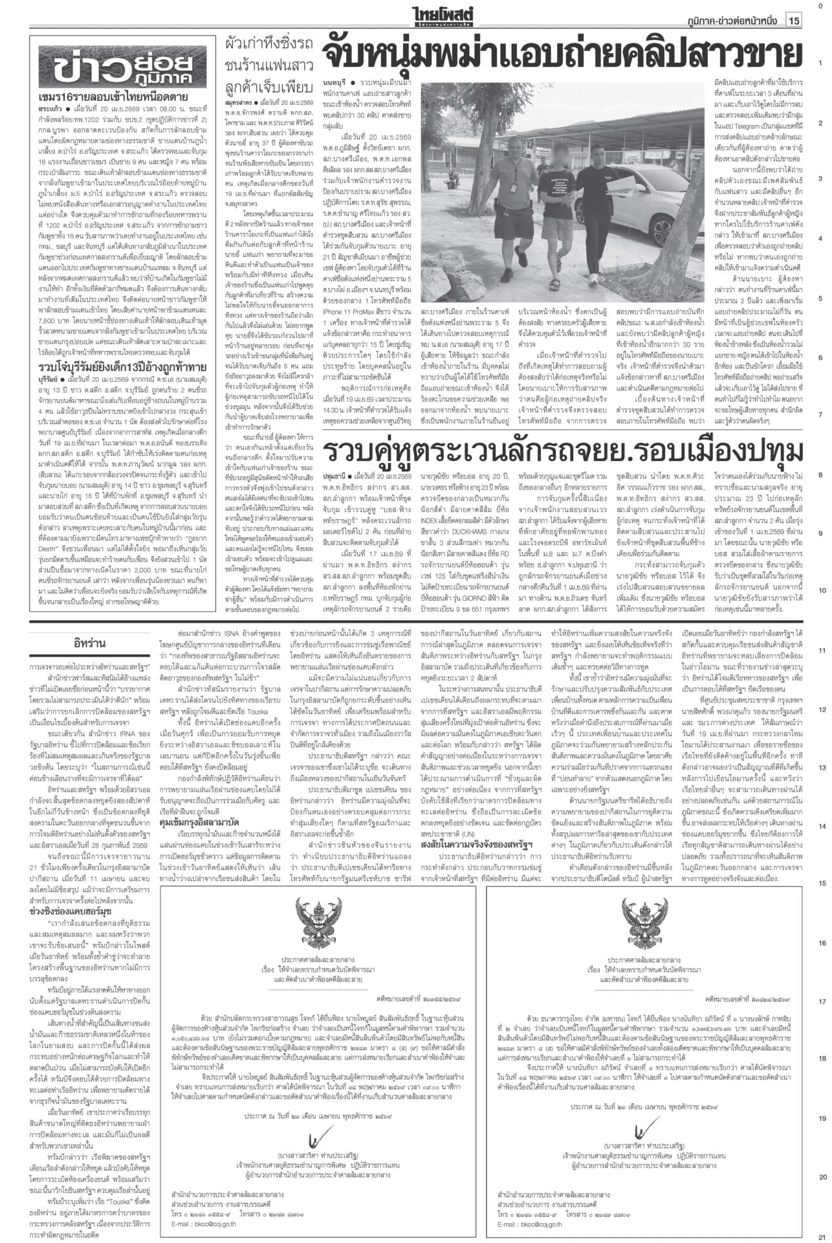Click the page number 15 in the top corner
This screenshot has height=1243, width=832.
click(794, 21)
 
